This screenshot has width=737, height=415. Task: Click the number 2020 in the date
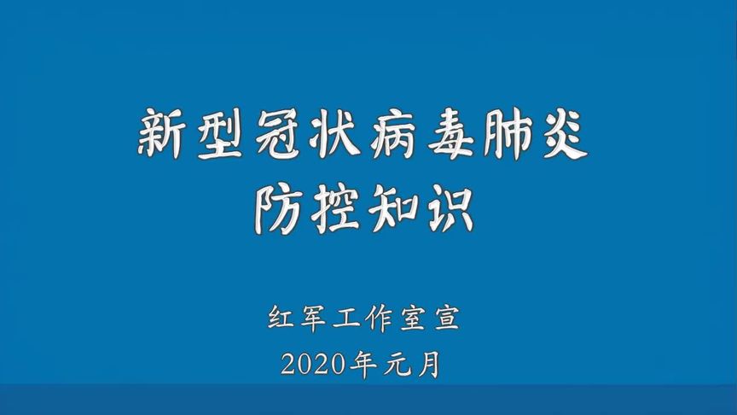coord(313,365)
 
